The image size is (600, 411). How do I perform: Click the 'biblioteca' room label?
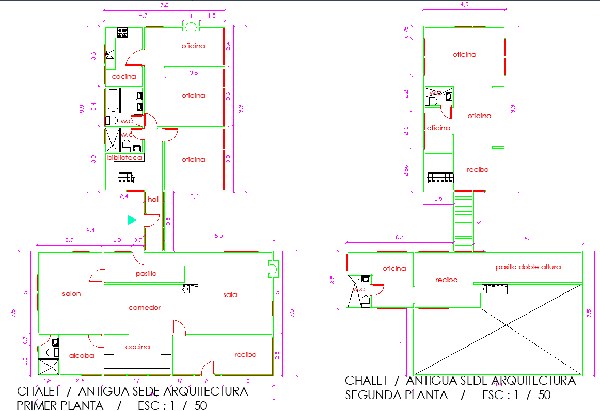tap(124, 157)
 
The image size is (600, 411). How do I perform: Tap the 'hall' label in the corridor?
tap(153, 199)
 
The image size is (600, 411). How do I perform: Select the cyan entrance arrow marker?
tap(132, 220)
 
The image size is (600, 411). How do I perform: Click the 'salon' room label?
tap(71, 293)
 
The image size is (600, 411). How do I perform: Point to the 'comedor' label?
tap(145, 307)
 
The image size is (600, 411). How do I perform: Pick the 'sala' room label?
tap(230, 294)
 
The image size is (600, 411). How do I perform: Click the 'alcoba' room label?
tap(82, 355)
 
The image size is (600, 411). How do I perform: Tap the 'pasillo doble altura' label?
tap(528, 267)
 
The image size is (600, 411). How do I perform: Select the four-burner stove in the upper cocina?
tap(123, 33)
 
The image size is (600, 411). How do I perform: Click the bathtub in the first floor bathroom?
tap(113, 101)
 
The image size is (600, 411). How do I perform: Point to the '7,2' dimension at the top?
tap(165, 5)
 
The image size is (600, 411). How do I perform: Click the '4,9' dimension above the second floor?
tap(464, 5)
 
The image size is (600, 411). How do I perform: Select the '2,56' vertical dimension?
tap(406, 171)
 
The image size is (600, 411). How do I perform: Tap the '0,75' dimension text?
tap(406, 32)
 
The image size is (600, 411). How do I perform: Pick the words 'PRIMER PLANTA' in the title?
tap(60, 405)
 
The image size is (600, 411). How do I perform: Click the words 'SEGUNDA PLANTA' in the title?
tap(397, 395)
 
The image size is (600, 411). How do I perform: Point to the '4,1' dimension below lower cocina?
tap(137, 381)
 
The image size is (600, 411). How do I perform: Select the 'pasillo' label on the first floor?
tap(146, 273)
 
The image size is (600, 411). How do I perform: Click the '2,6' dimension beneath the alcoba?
tap(81, 381)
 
